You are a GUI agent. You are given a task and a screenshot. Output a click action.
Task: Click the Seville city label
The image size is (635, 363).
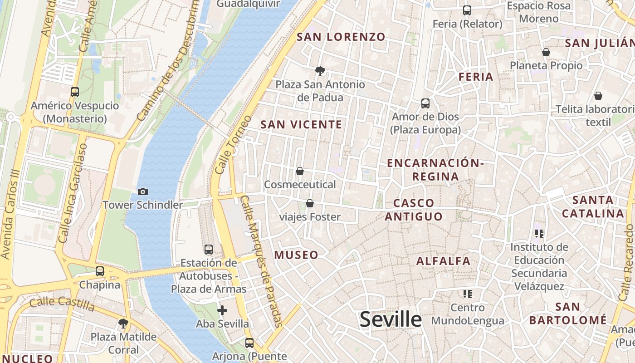coord(391,319)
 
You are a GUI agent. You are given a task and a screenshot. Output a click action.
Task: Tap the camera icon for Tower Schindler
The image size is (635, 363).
coord(143,192)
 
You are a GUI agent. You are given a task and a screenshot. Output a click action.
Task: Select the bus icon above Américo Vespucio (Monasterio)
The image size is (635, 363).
coord(75,92)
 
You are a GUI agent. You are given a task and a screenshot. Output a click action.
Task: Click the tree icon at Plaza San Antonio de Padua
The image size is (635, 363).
coord(320,71)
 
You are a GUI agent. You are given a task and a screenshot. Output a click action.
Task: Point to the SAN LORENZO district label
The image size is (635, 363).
coord(341,37)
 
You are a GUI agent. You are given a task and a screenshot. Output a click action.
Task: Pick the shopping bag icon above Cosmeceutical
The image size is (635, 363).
coord(300,171)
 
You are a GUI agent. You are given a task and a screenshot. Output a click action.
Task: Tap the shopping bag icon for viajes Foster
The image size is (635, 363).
coord(310,203)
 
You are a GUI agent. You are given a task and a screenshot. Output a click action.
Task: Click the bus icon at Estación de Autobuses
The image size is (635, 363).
coord(209,250)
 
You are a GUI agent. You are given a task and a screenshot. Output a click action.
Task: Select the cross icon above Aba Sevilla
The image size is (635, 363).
coord(222,310)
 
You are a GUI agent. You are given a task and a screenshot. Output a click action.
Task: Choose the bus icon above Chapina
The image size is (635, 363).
coord(100,271)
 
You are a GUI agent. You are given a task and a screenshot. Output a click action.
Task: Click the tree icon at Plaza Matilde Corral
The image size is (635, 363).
coord(123,324)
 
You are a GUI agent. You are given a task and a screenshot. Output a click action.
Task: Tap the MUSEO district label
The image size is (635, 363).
coord(296,255)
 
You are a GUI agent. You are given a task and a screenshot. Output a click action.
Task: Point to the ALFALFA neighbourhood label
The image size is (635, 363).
coord(443,261)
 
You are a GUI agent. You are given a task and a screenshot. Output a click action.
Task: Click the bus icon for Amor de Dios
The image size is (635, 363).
coord(425,103)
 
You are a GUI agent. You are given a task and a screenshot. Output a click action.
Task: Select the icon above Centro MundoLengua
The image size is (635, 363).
coord(468,294)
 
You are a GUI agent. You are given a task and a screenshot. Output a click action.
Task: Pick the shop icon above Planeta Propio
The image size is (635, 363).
coord(546,52)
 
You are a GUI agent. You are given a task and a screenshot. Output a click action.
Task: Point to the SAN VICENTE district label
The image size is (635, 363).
coord(301,124)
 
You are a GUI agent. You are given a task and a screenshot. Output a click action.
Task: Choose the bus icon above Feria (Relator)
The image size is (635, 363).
coord(467,10)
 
